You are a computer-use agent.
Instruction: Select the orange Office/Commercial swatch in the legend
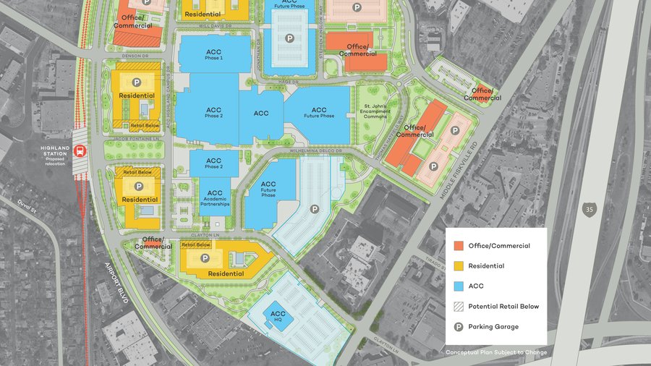click(458, 246)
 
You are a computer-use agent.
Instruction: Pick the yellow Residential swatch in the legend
click(458, 266)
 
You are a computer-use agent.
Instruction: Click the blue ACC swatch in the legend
click(458, 286)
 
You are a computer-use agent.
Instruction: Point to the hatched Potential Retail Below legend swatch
click(458, 307)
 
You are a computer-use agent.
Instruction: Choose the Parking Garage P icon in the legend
click(458, 327)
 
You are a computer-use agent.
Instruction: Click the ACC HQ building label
click(278, 316)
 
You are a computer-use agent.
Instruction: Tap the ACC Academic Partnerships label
click(215, 199)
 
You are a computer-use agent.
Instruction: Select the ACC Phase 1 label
click(213, 54)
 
